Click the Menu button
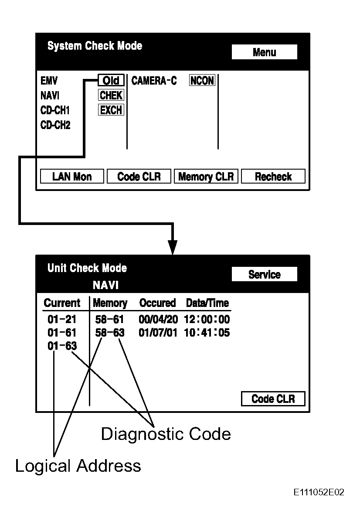click(264, 52)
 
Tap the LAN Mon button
click(72, 177)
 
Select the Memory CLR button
click(206, 177)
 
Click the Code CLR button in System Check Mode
click(139, 177)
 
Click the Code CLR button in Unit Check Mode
click(273, 399)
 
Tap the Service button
click(264, 274)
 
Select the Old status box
click(111, 81)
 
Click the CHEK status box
click(111, 95)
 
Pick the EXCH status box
click(111, 110)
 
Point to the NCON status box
click(202, 81)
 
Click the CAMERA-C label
click(154, 81)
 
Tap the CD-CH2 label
click(55, 126)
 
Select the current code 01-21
click(62, 320)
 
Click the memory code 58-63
click(110, 333)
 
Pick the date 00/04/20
click(158, 320)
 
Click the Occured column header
click(157, 303)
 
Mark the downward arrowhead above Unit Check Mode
click(173, 247)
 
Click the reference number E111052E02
click(319, 493)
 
